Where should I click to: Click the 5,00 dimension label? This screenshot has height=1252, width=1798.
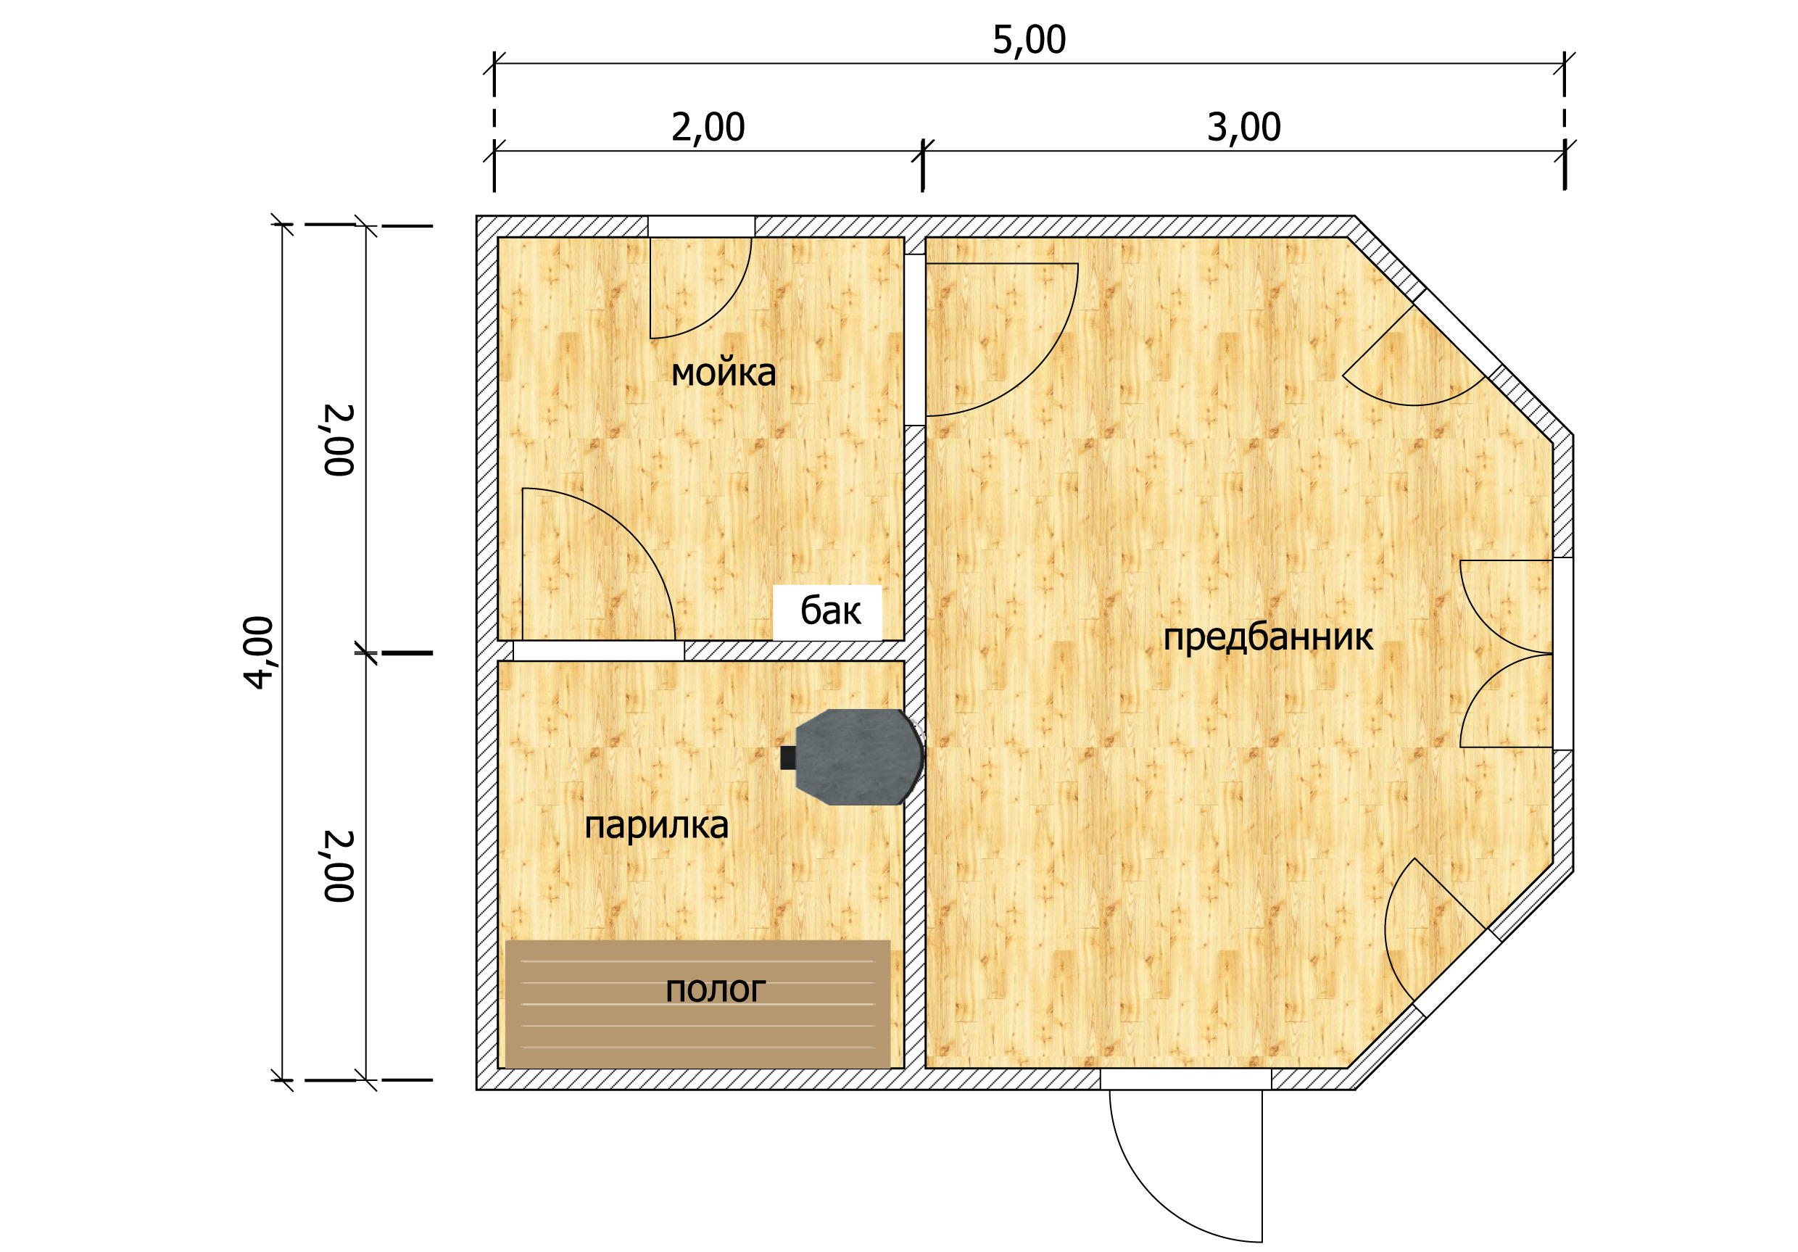(x=1029, y=41)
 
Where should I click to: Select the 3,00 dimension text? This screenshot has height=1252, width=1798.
(x=1243, y=128)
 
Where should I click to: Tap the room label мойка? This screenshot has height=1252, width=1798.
(x=724, y=373)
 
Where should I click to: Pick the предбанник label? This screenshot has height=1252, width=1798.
(x=1268, y=637)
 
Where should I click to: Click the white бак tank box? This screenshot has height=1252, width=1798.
(x=828, y=613)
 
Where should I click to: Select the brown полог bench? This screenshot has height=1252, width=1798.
(x=697, y=1004)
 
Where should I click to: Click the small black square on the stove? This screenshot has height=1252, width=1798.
(x=788, y=758)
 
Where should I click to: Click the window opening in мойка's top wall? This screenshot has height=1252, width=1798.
(x=701, y=226)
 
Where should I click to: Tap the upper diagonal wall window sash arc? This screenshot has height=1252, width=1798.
(x=1414, y=403)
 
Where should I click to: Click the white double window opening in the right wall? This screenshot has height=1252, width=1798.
(x=1562, y=654)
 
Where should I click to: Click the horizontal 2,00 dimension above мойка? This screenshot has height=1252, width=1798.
(x=708, y=128)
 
